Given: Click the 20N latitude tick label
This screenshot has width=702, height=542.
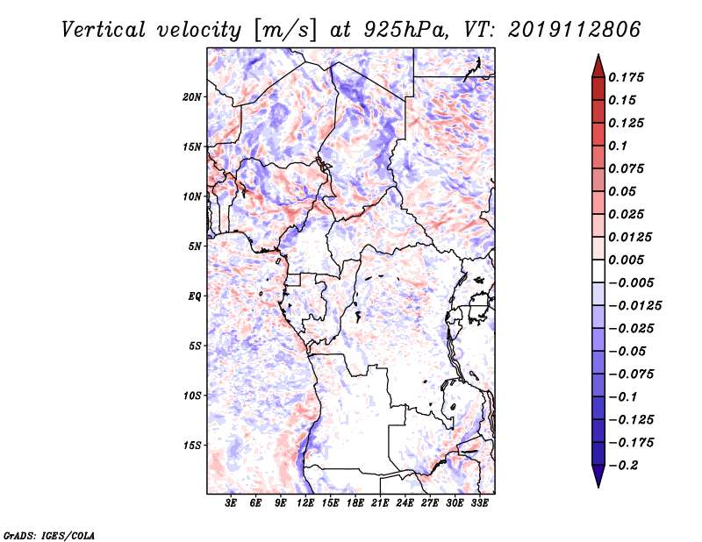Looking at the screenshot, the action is pyautogui.click(x=192, y=97).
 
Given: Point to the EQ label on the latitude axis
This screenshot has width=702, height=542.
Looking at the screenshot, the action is pyautogui.click(x=195, y=296).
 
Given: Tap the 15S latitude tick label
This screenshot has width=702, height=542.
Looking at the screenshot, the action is pyautogui.click(x=192, y=446).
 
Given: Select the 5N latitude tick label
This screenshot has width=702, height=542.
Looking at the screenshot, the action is pyautogui.click(x=195, y=246).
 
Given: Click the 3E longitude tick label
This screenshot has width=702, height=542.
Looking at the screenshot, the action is pyautogui.click(x=231, y=503).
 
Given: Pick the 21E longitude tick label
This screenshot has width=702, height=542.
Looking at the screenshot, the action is pyautogui.click(x=380, y=503).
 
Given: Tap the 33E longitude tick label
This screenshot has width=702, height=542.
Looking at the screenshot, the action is pyautogui.click(x=479, y=503).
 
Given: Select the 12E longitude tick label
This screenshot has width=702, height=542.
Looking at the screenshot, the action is pyautogui.click(x=304, y=503).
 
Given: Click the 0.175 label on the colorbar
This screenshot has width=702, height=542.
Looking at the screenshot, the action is pyautogui.click(x=626, y=77).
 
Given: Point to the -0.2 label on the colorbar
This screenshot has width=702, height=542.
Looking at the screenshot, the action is pyautogui.click(x=623, y=466).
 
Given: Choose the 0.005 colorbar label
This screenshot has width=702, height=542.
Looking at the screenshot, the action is pyautogui.click(x=626, y=260).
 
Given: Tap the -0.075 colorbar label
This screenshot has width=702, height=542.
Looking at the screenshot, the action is pyautogui.click(x=631, y=374).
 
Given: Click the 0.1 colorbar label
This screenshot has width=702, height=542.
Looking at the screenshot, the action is pyautogui.click(x=618, y=146).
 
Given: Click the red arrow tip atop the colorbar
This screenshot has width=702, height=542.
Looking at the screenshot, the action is pyautogui.click(x=598, y=54).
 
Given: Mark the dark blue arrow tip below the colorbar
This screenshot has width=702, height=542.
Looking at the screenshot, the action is pyautogui.click(x=598, y=487).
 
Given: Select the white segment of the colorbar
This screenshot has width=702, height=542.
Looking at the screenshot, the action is pyautogui.click(x=598, y=271).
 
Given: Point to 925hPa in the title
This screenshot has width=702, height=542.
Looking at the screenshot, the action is pyautogui.click(x=405, y=30).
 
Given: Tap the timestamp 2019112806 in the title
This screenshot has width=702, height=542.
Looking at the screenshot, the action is pyautogui.click(x=575, y=30).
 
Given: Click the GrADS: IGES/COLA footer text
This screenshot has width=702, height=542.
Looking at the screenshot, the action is pyautogui.click(x=49, y=536).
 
